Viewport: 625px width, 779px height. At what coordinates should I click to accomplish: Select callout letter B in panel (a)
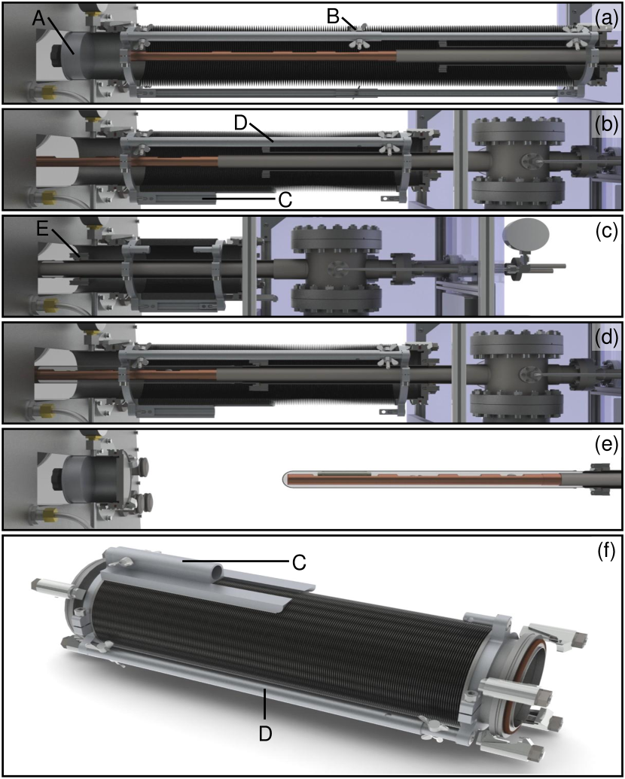[333, 17]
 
